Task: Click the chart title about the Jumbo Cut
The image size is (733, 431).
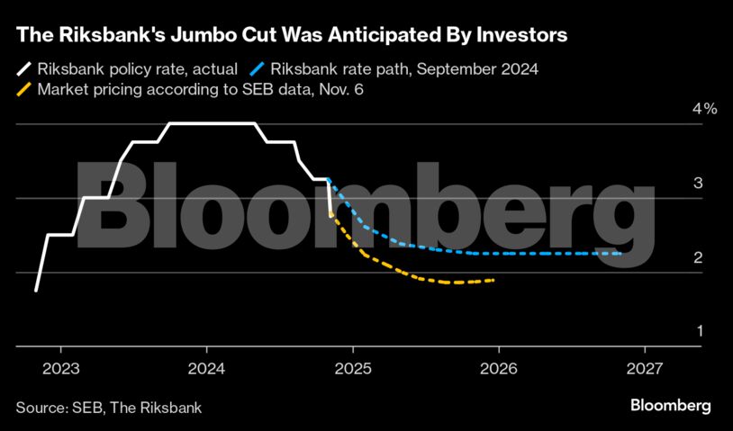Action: (x=291, y=36)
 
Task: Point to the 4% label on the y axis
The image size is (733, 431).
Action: (x=704, y=109)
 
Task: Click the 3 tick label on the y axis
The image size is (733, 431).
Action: (x=698, y=184)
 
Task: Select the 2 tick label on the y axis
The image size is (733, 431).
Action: (x=698, y=258)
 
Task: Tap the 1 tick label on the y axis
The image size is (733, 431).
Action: (x=698, y=332)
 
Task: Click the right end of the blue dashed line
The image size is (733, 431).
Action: (x=621, y=254)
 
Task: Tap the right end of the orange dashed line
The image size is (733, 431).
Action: (x=493, y=280)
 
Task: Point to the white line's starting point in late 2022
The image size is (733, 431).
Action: (x=36, y=291)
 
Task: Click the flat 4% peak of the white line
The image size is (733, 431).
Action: (x=213, y=123)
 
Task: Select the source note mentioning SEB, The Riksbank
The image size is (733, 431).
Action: (x=109, y=408)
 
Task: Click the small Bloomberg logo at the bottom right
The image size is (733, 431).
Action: (x=670, y=406)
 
